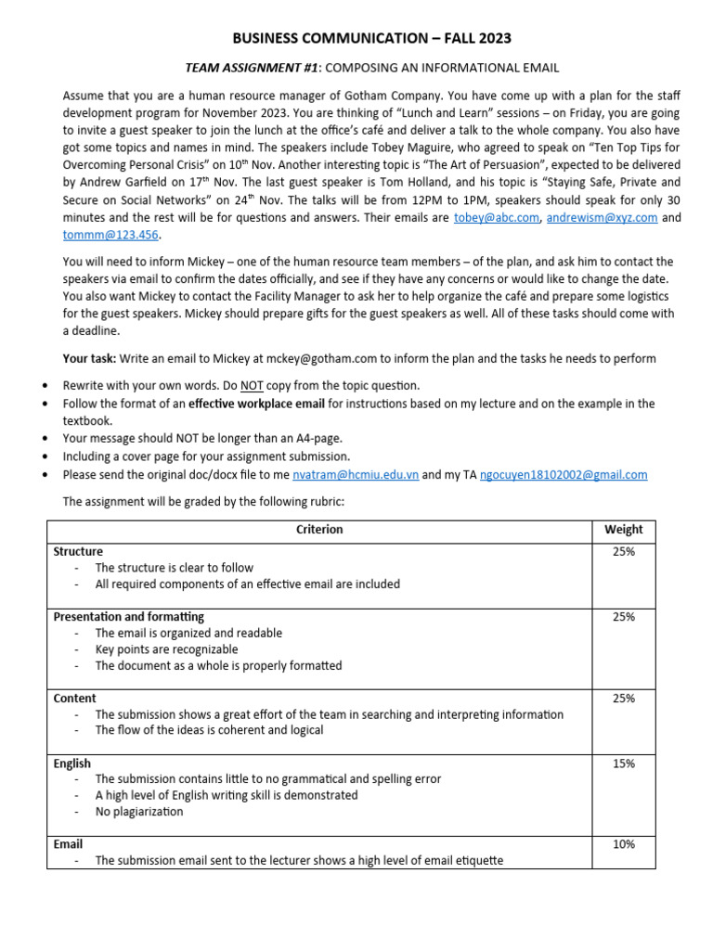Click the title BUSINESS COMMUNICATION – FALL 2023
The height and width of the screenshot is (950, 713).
tap(371, 38)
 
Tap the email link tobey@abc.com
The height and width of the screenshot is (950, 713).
tap(496, 217)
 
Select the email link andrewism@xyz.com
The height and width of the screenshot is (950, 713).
tap(602, 217)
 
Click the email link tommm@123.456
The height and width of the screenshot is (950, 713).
tap(104, 234)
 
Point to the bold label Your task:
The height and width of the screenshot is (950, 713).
tap(89, 358)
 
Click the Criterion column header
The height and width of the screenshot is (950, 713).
tap(319, 530)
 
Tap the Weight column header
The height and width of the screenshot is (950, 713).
tap(623, 530)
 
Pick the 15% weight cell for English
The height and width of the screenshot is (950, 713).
tap(623, 764)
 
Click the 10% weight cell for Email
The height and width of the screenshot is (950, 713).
tap(623, 844)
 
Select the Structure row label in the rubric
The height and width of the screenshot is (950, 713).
tap(78, 551)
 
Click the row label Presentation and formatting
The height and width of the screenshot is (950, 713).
tap(128, 616)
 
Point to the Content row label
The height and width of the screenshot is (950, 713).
tap(74, 698)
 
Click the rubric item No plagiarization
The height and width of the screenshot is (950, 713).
tap(139, 812)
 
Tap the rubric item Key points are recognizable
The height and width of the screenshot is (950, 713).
tap(166, 649)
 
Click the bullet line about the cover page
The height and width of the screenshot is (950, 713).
tap(206, 456)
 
